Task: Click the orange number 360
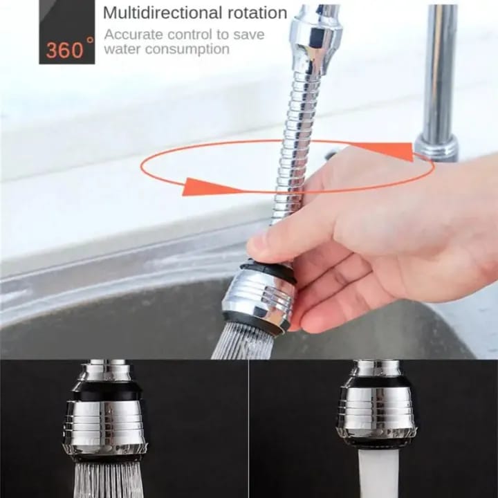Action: (65, 50)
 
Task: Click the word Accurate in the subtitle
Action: (133, 35)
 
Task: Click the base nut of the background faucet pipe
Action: (436, 148)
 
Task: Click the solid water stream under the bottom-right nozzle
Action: (378, 473)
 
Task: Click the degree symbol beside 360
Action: (90, 41)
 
